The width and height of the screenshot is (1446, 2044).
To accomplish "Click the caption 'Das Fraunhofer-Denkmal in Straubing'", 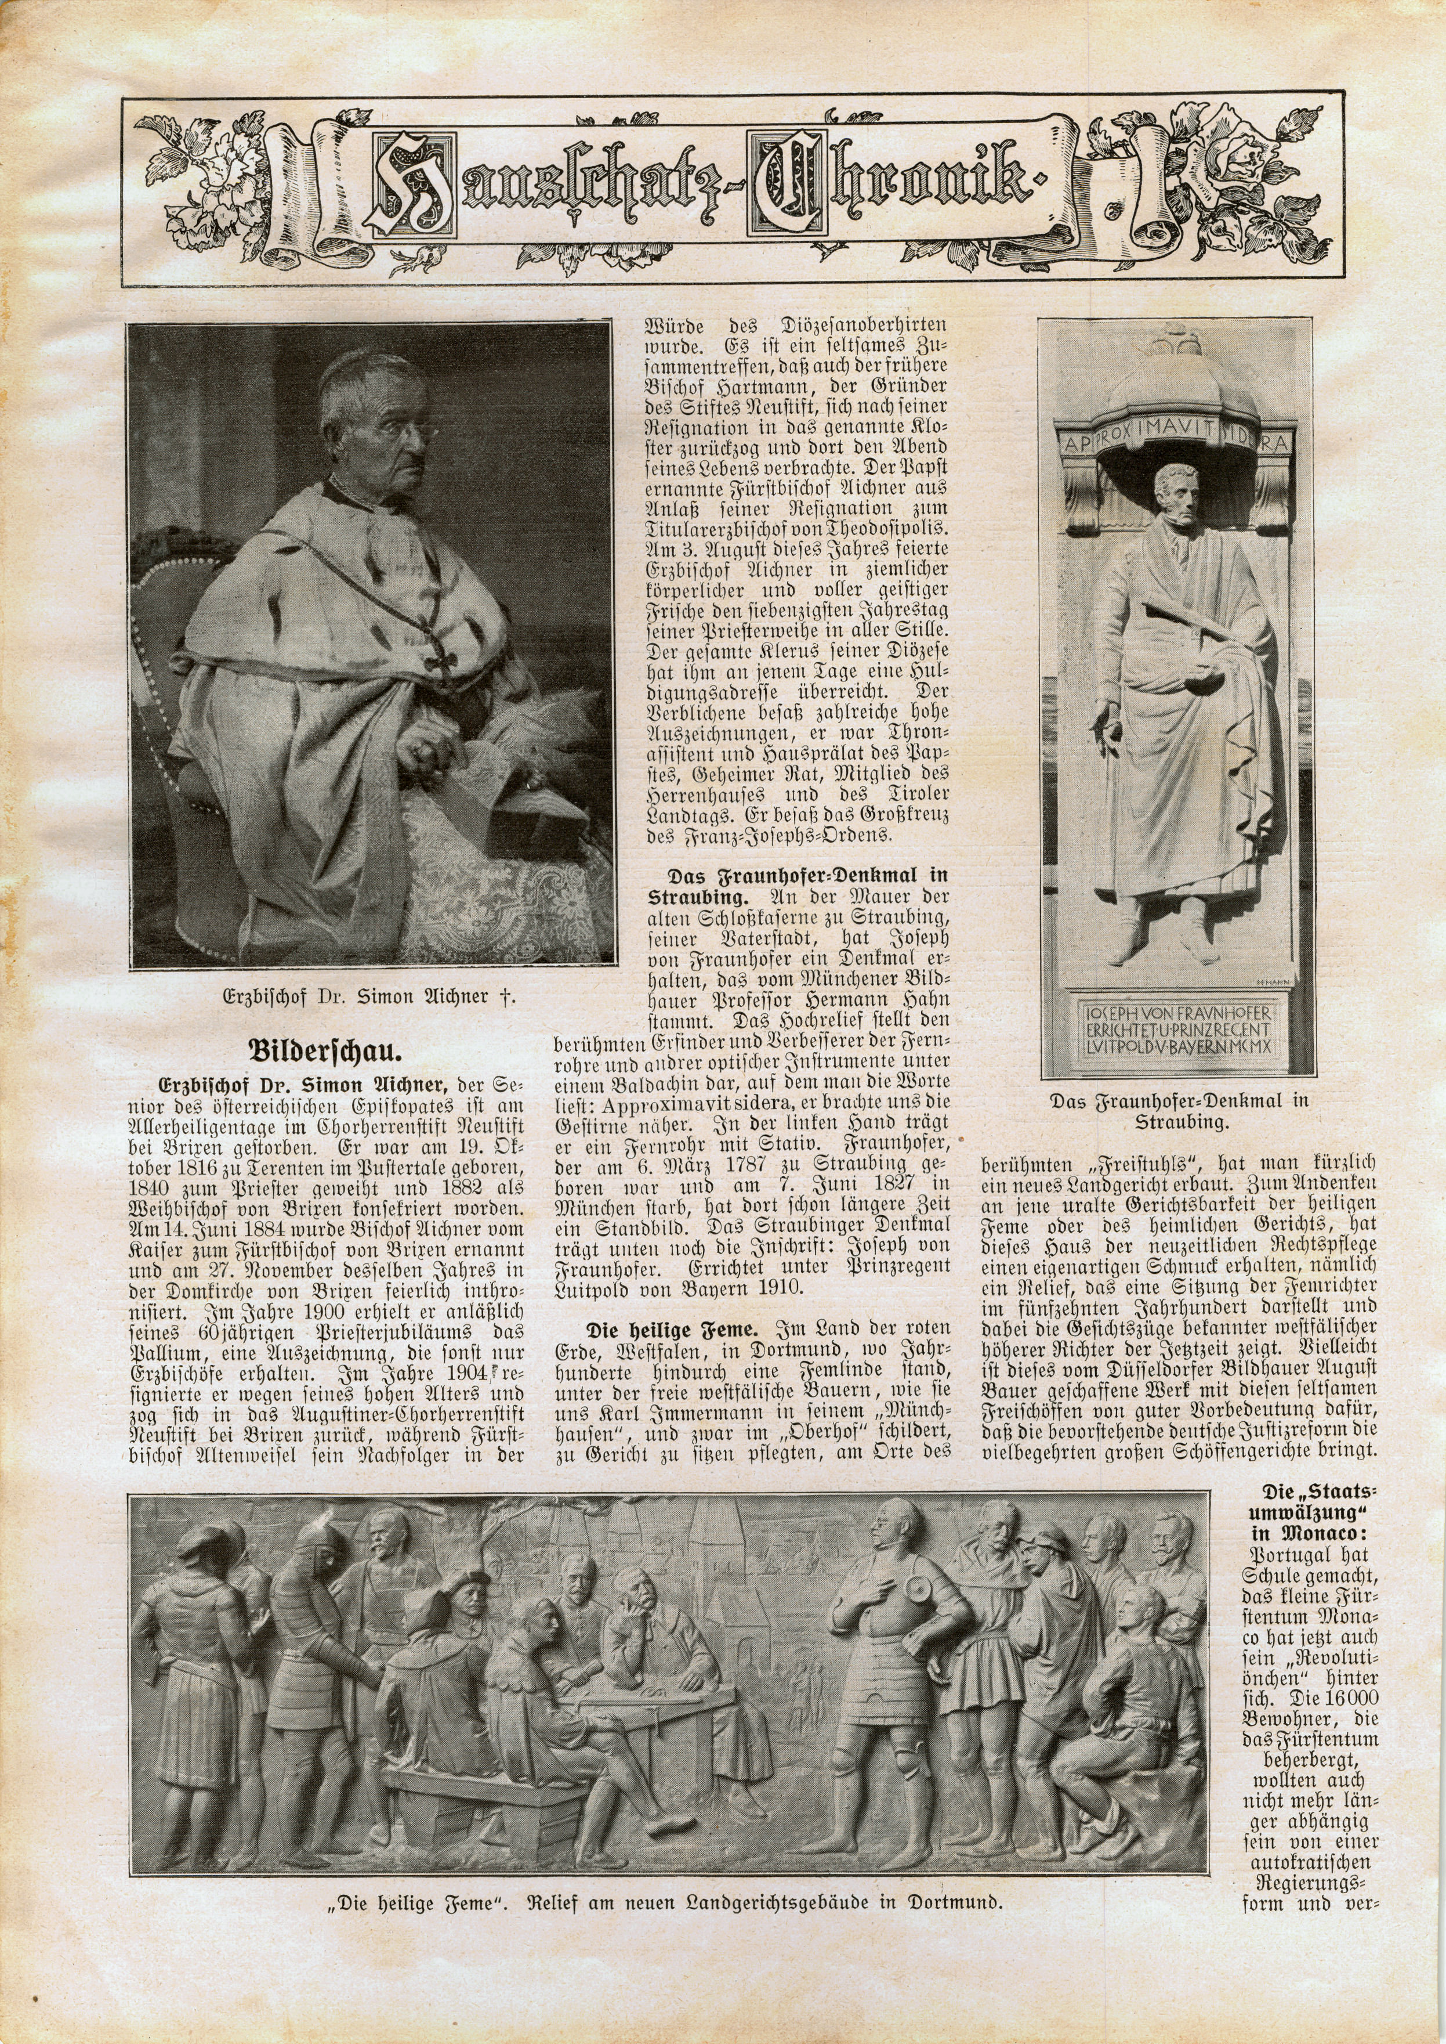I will tap(1179, 1111).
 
